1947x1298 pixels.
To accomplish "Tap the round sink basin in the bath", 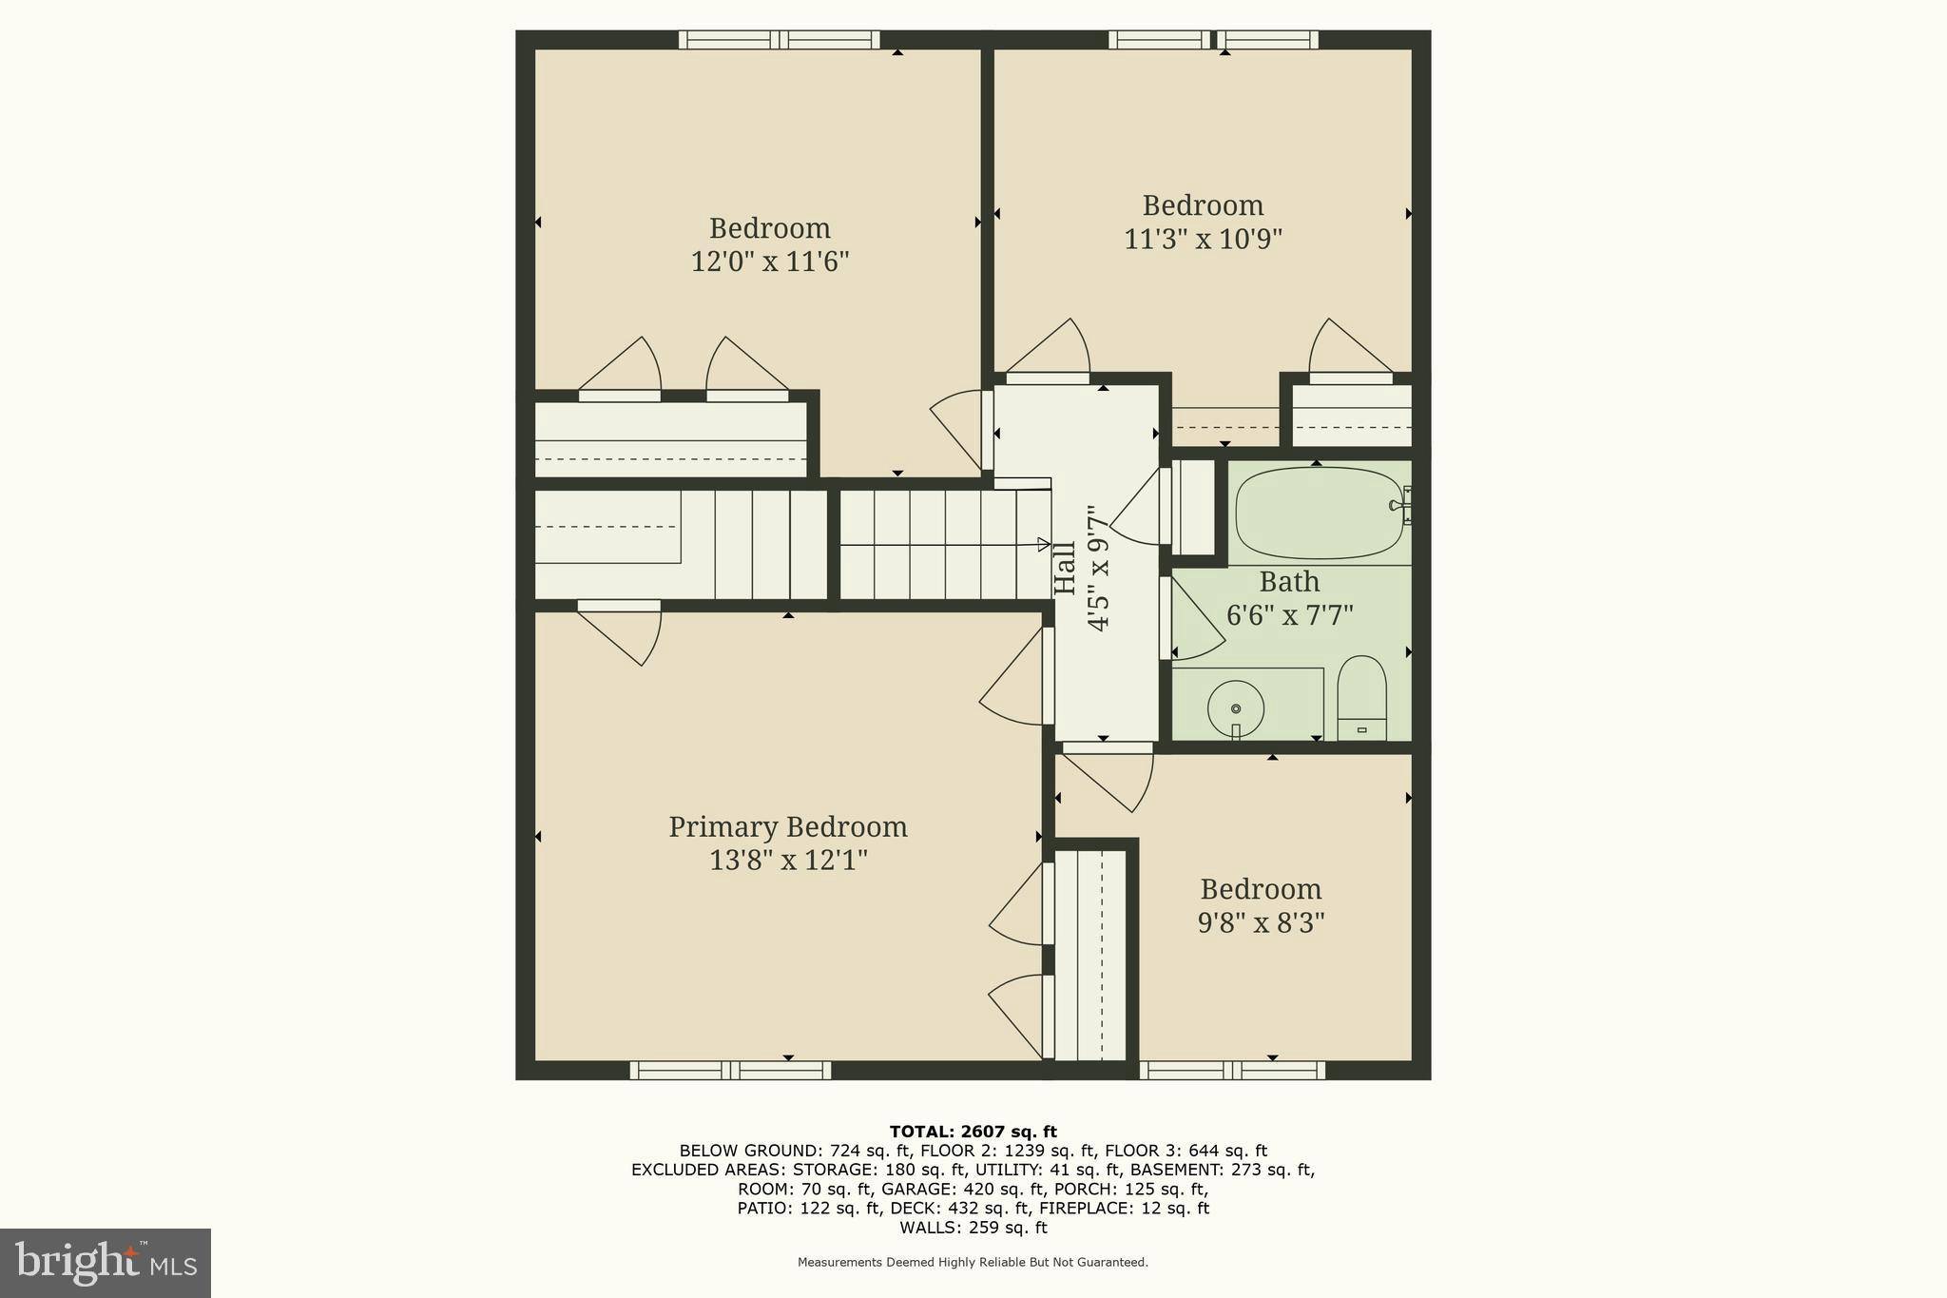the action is pos(1236,708).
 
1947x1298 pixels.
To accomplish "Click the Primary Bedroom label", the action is pos(788,827).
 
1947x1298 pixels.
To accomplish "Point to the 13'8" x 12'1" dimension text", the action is pos(788,861).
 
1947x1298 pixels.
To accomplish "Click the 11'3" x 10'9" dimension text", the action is pos(1203,239).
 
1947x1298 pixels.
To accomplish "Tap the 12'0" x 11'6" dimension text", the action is pos(769,262).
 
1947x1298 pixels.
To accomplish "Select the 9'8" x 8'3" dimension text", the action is pos(1261,922).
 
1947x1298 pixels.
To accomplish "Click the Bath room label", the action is pos(1289,581).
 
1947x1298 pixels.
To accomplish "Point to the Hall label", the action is pos(1066,568).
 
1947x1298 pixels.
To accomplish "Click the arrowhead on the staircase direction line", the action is pos(1044,545).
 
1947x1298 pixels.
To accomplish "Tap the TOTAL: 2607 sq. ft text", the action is pos(973,1132).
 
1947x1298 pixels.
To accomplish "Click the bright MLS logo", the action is pos(106,1263).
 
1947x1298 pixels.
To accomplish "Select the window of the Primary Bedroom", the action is pos(730,1071).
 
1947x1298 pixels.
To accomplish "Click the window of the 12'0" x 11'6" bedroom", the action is pos(780,40).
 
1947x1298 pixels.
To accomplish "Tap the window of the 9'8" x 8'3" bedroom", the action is pos(1232,1071).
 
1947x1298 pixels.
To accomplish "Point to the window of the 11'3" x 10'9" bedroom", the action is pos(1213,40).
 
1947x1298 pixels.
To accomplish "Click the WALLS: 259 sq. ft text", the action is pos(973,1228).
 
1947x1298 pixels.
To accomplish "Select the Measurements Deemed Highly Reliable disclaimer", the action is pos(973,1263).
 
